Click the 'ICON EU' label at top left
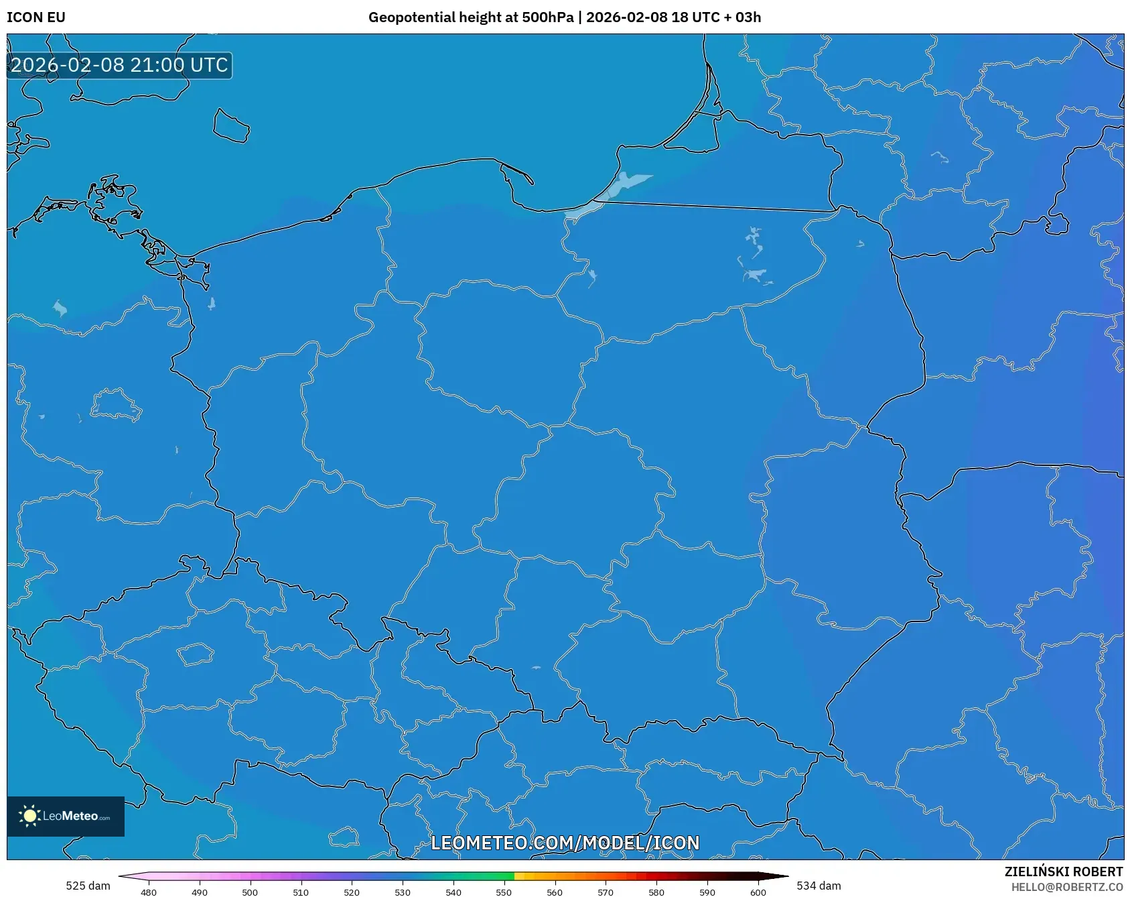point(36,17)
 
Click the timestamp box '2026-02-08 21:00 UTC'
point(119,65)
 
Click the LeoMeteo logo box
point(66,816)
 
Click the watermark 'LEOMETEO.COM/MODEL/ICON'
point(565,843)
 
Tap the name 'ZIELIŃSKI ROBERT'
point(1063,872)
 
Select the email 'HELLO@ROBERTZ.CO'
point(1066,887)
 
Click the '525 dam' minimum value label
point(88,886)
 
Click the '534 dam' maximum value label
point(819,886)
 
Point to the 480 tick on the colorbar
point(149,892)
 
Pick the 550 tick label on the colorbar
point(504,892)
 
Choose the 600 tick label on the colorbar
point(758,892)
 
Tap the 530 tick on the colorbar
point(403,892)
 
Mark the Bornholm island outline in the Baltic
point(231,126)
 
